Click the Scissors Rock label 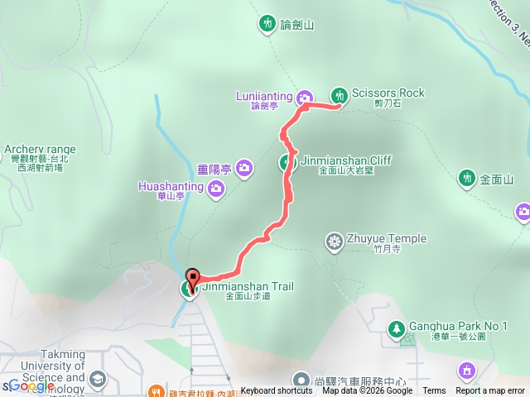(388, 93)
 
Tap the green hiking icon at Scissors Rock (339, 95)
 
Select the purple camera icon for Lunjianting (305, 97)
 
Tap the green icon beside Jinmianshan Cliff (287, 162)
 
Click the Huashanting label (170, 187)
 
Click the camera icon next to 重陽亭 (243, 169)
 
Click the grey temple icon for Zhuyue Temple (335, 241)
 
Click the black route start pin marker (193, 278)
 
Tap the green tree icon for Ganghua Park (397, 329)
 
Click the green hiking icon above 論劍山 (267, 23)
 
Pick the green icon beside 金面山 (467, 178)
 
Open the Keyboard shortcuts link (277, 391)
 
